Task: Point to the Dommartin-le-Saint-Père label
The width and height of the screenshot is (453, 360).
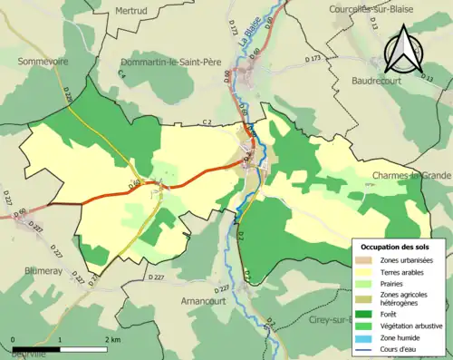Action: [173, 63]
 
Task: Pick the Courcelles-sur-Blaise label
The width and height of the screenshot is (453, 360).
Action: [402, 10]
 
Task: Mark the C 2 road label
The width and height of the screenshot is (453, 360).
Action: [207, 122]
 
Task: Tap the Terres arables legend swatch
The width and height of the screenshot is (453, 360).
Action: [366, 271]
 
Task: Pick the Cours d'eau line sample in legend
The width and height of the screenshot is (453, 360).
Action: [366, 347]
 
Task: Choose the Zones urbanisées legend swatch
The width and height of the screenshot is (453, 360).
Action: [366, 260]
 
